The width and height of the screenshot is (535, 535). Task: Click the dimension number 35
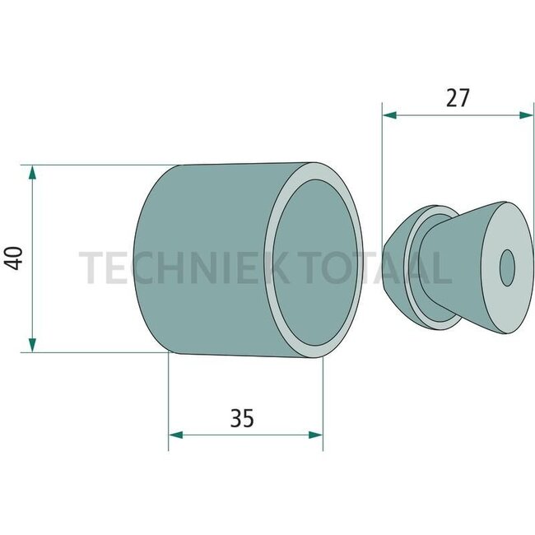(241, 418)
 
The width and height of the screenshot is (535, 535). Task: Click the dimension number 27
(458, 98)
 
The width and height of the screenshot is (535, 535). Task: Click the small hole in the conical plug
(507, 266)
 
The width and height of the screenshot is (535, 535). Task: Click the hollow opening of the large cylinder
(317, 262)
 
